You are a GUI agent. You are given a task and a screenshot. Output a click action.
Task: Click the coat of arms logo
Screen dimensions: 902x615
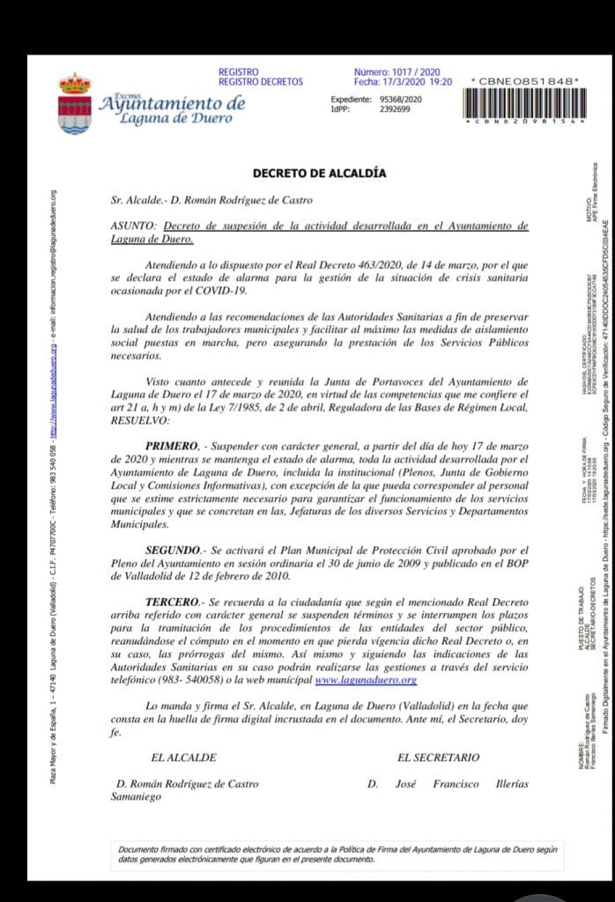pyautogui.click(x=74, y=103)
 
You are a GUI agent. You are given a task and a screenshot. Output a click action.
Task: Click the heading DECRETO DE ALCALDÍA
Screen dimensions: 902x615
pyautogui.click(x=319, y=174)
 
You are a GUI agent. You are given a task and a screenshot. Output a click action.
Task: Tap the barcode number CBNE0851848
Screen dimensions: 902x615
pyautogui.click(x=525, y=82)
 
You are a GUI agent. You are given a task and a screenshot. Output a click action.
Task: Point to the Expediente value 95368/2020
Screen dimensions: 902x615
pyautogui.click(x=401, y=100)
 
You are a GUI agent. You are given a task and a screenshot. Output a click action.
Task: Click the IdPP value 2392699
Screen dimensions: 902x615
pyautogui.click(x=394, y=109)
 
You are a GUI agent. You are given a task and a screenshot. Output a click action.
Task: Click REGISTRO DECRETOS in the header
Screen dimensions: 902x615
pyautogui.click(x=260, y=82)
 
